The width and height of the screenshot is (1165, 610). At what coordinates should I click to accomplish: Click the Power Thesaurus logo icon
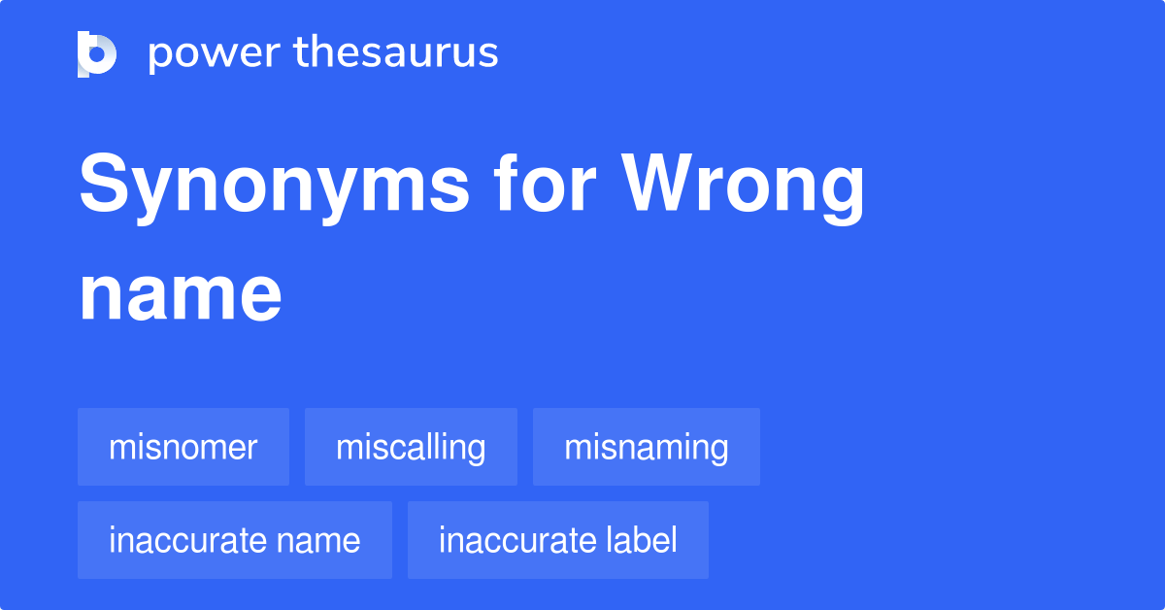97,54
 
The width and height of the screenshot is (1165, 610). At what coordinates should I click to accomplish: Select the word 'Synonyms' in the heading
274,186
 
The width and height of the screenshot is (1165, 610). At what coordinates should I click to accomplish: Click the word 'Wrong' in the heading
743,186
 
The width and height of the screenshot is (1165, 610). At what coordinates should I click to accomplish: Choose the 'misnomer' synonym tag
183,448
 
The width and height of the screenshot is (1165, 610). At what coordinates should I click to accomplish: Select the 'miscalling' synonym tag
411,448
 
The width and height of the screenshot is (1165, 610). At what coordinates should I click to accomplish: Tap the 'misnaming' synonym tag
647,448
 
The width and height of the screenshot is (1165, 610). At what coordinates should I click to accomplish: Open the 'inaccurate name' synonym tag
235,541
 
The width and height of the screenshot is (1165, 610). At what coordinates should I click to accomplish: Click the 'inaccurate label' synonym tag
558,541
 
